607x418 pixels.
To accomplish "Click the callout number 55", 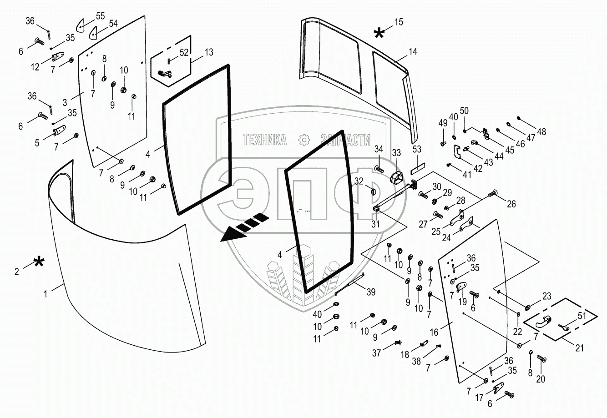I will [101, 16].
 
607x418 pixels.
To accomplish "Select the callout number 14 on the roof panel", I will [412, 52].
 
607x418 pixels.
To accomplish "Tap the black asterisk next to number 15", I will [379, 32].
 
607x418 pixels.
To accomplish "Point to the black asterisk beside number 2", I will [39, 262].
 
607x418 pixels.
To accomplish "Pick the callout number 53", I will [417, 149].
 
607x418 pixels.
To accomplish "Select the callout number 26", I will [511, 205].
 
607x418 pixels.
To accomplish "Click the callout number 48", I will [541, 132].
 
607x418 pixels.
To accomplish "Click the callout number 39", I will [371, 292].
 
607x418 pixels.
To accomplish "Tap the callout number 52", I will [184, 52].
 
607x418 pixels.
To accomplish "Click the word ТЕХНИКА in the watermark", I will [265, 140].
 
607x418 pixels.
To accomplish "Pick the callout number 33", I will [397, 152].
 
